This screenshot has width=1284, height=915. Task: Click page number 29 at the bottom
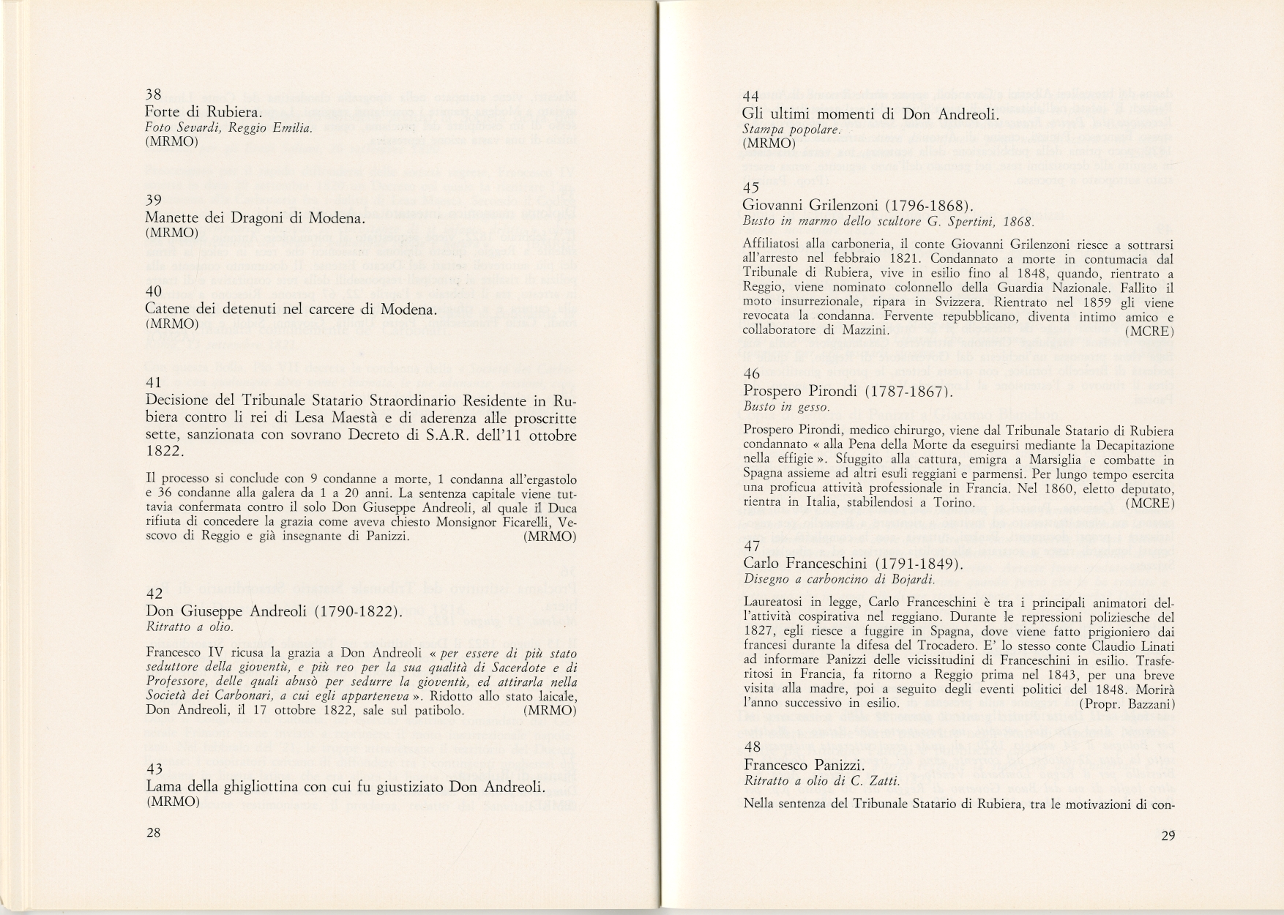1168,837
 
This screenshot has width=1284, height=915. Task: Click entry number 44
751,96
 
